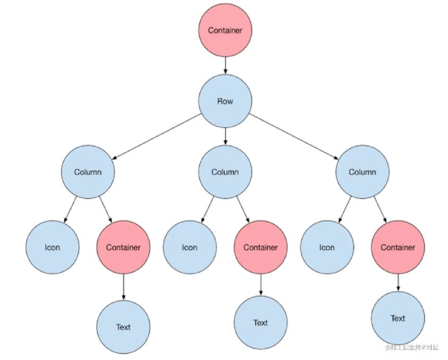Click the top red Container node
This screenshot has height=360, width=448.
(x=225, y=30)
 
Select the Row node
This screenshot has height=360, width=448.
(x=225, y=101)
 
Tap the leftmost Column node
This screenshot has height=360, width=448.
(x=88, y=172)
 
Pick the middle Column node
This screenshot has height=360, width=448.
(x=225, y=172)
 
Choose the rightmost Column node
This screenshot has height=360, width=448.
(x=362, y=172)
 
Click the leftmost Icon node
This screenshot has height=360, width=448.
(x=53, y=247)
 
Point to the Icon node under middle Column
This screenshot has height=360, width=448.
(x=190, y=247)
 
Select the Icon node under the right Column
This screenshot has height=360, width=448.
(x=327, y=247)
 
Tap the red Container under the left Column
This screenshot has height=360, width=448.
(x=123, y=247)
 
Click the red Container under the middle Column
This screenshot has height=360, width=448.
(x=261, y=247)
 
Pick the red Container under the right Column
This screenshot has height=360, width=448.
(x=398, y=247)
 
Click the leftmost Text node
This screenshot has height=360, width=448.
(x=123, y=326)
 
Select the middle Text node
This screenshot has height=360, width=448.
(x=261, y=322)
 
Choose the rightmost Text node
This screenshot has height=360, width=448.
(x=398, y=318)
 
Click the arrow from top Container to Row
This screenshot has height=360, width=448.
(x=225, y=66)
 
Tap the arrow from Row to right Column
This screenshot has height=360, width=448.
(x=294, y=136)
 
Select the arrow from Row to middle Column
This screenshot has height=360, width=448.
(x=225, y=136)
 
